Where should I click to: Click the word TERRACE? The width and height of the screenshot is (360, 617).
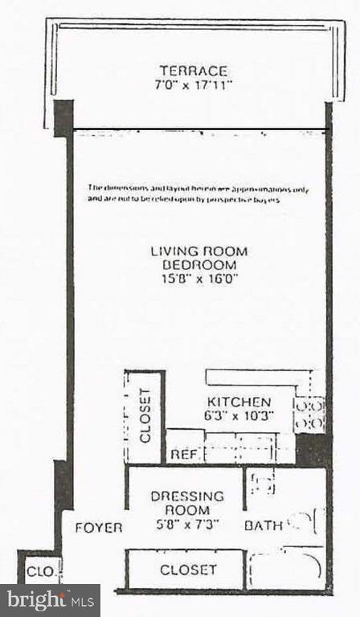point(193,71)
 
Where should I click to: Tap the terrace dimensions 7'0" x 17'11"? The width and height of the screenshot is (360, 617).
point(193,84)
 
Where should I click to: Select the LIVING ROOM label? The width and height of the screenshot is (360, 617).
point(198,251)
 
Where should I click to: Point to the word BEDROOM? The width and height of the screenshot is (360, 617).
point(198,264)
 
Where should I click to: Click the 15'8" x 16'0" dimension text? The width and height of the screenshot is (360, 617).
point(198,279)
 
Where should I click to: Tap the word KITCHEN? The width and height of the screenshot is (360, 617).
point(239,402)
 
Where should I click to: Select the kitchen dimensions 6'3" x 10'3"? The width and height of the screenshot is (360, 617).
point(239,415)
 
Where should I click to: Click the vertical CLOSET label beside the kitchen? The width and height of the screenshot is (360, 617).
point(145,416)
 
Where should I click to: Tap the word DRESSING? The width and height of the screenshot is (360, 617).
point(187,496)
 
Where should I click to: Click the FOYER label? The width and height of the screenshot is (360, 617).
point(99,528)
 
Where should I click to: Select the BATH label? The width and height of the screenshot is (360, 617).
point(264,526)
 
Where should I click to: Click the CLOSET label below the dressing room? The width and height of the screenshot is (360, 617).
point(188,570)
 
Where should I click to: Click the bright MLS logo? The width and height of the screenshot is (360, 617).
point(50,599)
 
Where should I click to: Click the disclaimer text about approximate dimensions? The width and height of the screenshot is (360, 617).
point(198,193)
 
